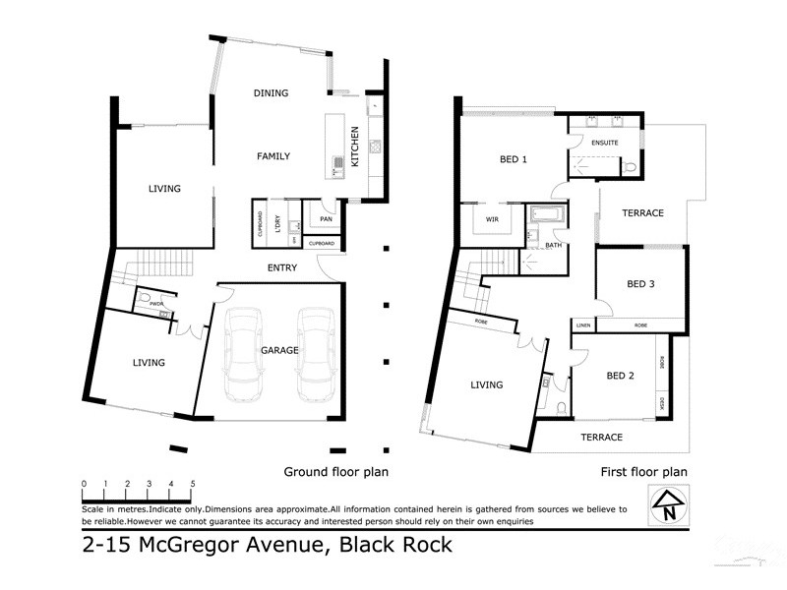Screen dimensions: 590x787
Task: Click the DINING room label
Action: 271,93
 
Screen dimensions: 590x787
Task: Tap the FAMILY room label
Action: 272,156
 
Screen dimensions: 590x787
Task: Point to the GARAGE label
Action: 279,350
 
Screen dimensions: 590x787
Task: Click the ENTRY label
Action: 282,267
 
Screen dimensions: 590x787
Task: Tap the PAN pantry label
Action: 325,219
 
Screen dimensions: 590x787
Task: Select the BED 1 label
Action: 514,159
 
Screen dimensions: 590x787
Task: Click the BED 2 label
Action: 619,376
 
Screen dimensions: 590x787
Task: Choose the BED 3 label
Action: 640,284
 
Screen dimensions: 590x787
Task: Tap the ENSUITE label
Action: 604,144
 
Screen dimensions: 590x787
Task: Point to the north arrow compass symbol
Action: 668,505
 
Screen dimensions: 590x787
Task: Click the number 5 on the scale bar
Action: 193,484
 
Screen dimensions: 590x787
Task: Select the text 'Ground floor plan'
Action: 335,472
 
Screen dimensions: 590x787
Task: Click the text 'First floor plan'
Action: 643,472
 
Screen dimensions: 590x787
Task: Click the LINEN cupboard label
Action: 583,324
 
